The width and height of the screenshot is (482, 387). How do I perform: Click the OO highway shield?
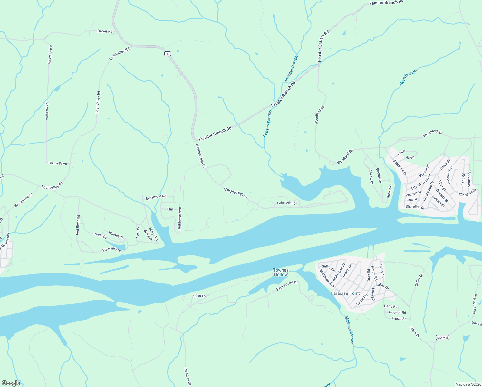168,54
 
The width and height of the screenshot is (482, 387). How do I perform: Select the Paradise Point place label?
345,293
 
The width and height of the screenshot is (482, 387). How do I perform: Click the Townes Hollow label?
281,272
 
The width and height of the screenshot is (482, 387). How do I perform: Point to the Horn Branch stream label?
408,77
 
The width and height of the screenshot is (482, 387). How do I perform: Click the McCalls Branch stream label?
349,330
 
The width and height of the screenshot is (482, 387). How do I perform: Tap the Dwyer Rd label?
105,31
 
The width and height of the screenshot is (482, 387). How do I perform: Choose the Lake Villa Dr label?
287,203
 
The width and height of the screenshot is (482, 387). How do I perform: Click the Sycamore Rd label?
156,196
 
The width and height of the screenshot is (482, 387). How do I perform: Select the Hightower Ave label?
180,218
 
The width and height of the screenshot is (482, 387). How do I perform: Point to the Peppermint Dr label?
287,286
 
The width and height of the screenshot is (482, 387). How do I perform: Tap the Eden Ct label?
199,296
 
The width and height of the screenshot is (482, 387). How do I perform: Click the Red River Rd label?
78,225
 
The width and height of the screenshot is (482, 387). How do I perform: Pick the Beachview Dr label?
24,200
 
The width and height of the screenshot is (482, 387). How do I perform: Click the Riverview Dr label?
111,250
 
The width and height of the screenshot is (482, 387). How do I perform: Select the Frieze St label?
399,319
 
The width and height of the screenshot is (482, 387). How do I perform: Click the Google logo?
11,383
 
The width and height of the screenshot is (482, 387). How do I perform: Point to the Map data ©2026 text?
468,384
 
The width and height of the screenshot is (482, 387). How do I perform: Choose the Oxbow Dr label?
371,177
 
